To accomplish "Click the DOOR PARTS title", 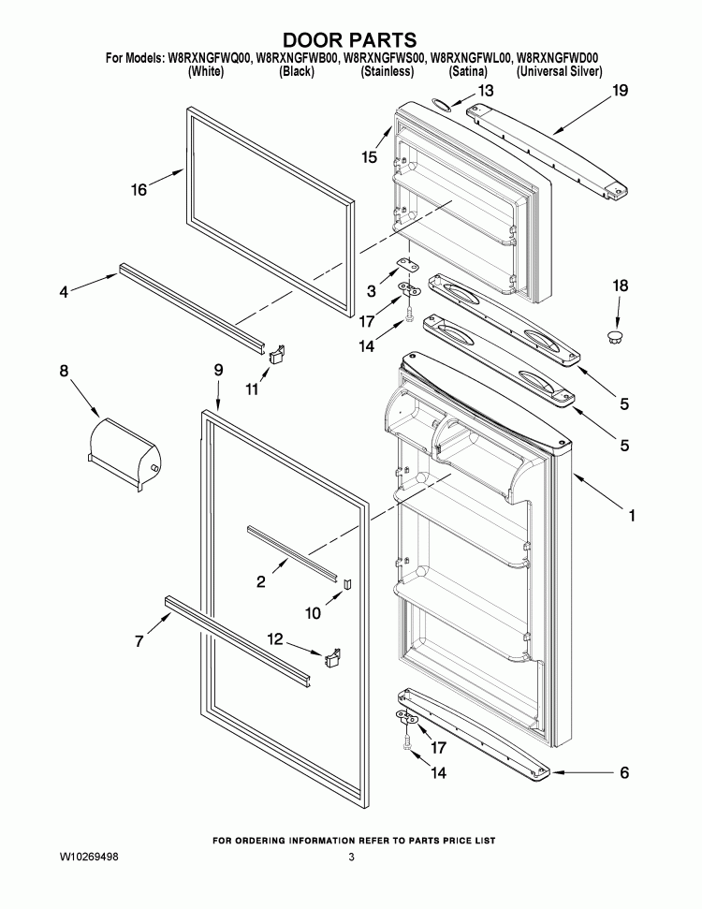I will pos(349,39).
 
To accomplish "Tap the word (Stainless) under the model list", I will pos(387,71).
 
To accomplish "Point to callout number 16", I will pos(139,190).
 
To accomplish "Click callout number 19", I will pos(620,91).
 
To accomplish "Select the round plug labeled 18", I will pos(615,334).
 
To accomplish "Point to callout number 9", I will pos(218,370).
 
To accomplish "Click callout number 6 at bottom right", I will pos(623,773).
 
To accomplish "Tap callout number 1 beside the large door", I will pos(632,515).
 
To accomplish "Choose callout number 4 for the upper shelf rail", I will pos(64,292).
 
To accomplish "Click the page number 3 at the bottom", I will pos(352,857).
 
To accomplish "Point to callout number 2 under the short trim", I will pos(260,582).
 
